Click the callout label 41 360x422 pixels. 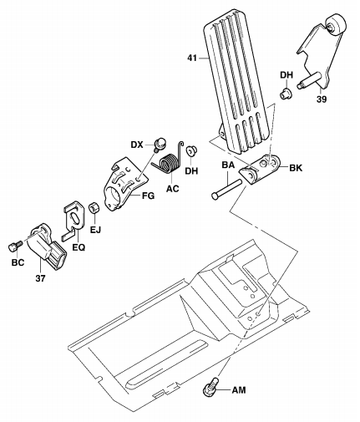click(192, 58)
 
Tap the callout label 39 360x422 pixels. click(322, 99)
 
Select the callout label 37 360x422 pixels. click(40, 278)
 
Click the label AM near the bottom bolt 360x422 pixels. click(239, 390)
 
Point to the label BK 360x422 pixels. click(296, 168)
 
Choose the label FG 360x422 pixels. click(148, 196)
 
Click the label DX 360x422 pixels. click(137, 145)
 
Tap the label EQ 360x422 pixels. click(79, 247)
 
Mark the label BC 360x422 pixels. click(18, 262)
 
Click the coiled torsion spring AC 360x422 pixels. click(169, 160)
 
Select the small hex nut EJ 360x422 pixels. click(94, 209)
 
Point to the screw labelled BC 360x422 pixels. click(15, 247)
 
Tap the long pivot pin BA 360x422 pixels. click(226, 190)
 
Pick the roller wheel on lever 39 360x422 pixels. click(335, 25)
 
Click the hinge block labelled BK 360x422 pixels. click(261, 170)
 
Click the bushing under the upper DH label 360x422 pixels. click(286, 93)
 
